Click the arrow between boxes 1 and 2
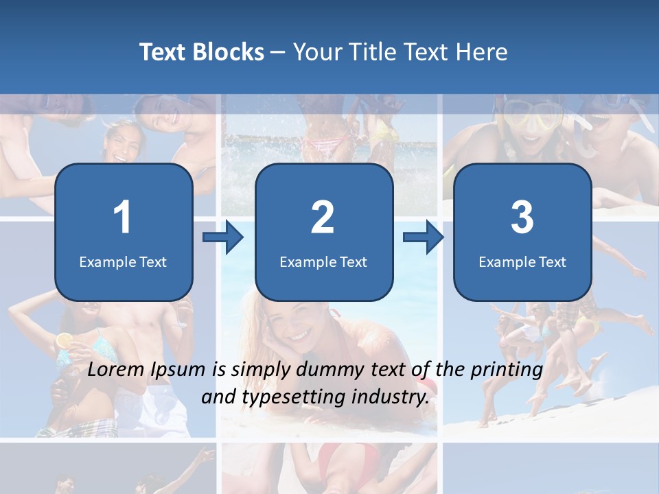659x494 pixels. click(x=223, y=237)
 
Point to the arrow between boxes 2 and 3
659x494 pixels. click(x=423, y=237)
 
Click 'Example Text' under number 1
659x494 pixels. click(x=123, y=262)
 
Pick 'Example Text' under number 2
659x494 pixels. click(x=323, y=262)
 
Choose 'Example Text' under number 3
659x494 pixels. click(x=522, y=262)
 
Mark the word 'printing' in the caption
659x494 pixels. click(x=506, y=370)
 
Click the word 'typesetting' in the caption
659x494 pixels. click(x=295, y=397)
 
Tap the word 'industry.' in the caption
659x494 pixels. click(x=398, y=397)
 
